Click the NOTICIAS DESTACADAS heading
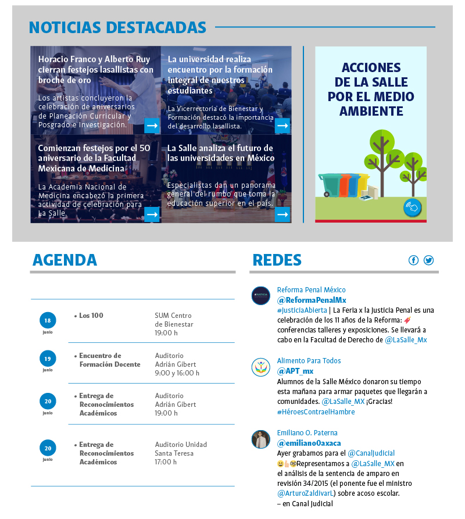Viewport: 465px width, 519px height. tap(117, 27)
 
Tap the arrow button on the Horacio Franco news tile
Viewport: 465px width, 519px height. tap(152, 126)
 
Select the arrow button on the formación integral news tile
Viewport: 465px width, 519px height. tap(282, 126)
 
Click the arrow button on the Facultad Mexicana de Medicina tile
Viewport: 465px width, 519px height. tap(152, 214)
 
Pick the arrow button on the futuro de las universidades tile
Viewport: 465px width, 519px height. tap(282, 214)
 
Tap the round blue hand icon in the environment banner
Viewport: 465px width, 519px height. tap(412, 207)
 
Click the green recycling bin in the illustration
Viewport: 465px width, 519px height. tap(330, 185)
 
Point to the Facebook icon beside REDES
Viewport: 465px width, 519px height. tap(413, 260)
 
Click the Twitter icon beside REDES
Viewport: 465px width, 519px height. tap(428, 260)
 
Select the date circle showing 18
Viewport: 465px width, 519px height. tap(48, 320)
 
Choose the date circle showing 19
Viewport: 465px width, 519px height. tap(48, 359)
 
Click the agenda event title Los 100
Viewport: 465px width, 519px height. tap(91, 316)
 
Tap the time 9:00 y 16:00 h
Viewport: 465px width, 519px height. tap(177, 373)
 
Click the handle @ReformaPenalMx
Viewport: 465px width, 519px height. tap(312, 300)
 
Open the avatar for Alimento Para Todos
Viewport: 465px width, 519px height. tap(260, 367)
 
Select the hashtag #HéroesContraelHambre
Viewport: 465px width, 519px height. tap(316, 412)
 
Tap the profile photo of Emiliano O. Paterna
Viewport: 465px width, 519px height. tap(260, 439)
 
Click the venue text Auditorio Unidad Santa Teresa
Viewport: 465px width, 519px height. tap(181, 449)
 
